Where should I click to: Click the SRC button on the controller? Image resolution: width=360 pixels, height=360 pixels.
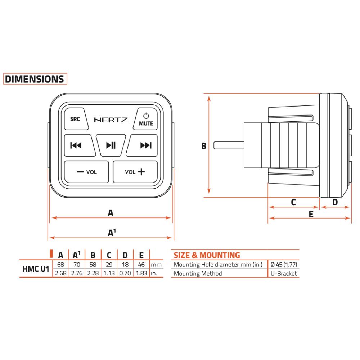[x=76, y=119]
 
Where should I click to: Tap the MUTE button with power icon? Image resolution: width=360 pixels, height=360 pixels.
[x=146, y=119]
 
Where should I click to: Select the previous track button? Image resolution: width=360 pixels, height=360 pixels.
[x=79, y=145]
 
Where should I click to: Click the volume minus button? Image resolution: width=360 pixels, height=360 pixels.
[x=86, y=172]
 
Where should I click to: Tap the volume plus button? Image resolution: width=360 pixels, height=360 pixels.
[x=135, y=172]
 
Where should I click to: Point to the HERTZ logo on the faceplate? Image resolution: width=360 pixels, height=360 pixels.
[x=111, y=120]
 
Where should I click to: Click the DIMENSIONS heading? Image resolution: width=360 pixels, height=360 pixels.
[x=35, y=79]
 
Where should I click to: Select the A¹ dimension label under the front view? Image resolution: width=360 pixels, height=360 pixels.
[x=112, y=232]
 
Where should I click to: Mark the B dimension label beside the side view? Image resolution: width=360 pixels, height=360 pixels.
[x=204, y=146]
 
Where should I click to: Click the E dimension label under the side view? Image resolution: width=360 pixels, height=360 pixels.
[x=311, y=215]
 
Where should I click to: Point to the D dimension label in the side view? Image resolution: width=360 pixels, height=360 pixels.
[x=335, y=202]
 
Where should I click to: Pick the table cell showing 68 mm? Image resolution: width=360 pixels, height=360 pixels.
[x=60, y=265]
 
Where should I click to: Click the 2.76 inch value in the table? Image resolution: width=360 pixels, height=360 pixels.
[x=77, y=273]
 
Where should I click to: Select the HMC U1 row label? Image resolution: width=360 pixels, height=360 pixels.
[x=36, y=269]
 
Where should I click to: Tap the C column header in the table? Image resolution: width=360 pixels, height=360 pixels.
[x=109, y=255]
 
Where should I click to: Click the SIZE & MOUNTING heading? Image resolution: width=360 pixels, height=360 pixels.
[x=207, y=255]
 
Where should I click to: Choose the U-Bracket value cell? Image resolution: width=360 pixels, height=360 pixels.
[x=284, y=274]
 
